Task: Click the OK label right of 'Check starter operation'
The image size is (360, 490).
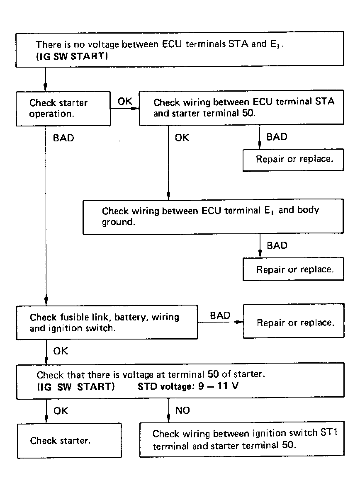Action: (x=125, y=101)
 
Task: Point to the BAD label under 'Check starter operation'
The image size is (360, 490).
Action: (x=63, y=138)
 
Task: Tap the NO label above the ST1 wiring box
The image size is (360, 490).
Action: (x=182, y=410)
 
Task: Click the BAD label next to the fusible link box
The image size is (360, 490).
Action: (x=220, y=315)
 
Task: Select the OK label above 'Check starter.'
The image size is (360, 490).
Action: (x=61, y=411)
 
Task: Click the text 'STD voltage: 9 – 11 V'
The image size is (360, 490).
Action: (x=188, y=386)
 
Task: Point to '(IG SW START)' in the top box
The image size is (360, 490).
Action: (x=72, y=56)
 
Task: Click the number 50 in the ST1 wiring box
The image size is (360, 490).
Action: (x=288, y=444)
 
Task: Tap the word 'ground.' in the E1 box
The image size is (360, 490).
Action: (x=119, y=222)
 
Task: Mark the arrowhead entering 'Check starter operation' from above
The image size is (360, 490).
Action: (x=46, y=87)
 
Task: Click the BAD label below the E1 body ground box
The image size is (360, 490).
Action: (x=277, y=245)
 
